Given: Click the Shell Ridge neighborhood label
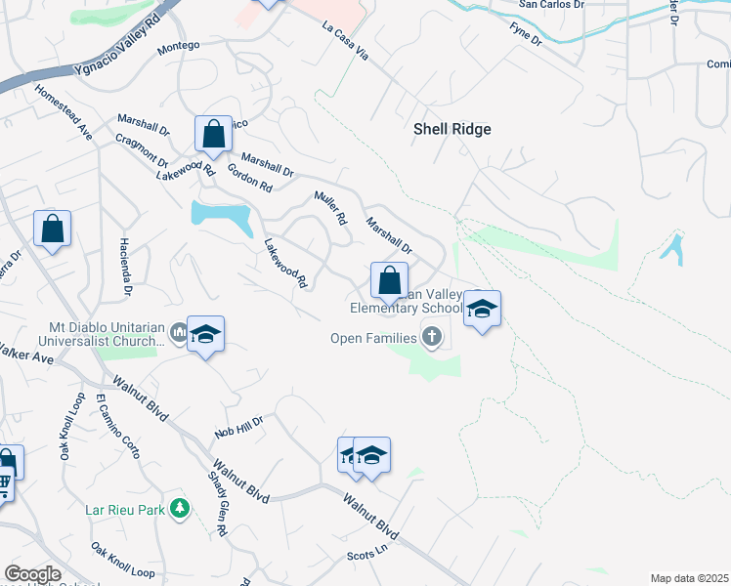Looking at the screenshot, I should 451,129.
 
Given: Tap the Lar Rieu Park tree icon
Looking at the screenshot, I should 179,508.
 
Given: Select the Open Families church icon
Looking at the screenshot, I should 432,338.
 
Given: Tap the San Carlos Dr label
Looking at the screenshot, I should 551,5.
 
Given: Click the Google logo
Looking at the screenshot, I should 32,574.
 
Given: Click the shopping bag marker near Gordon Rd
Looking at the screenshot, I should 213,136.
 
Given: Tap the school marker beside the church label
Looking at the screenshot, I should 205,335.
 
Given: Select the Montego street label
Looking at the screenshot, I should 178,46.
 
